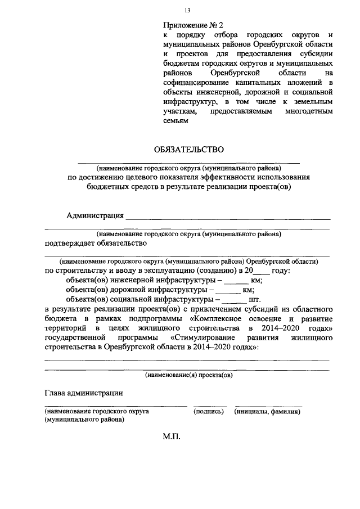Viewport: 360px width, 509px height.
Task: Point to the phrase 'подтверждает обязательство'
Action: pyautogui.click(x=96, y=243)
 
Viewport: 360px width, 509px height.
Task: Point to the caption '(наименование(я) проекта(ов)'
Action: pyautogui.click(x=188, y=374)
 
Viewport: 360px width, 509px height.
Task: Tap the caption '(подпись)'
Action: pyautogui.click(x=209, y=412)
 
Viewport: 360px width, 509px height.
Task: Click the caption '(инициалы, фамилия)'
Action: pyautogui.click(x=267, y=412)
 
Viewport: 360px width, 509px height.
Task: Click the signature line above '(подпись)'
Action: pyautogui.click(x=210, y=406)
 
